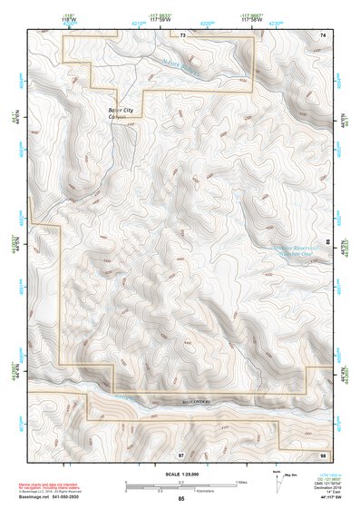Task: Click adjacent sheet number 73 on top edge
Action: click(x=182, y=35)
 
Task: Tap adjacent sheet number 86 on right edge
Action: click(x=328, y=242)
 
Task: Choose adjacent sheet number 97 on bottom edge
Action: click(x=180, y=453)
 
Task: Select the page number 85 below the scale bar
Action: click(x=181, y=500)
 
